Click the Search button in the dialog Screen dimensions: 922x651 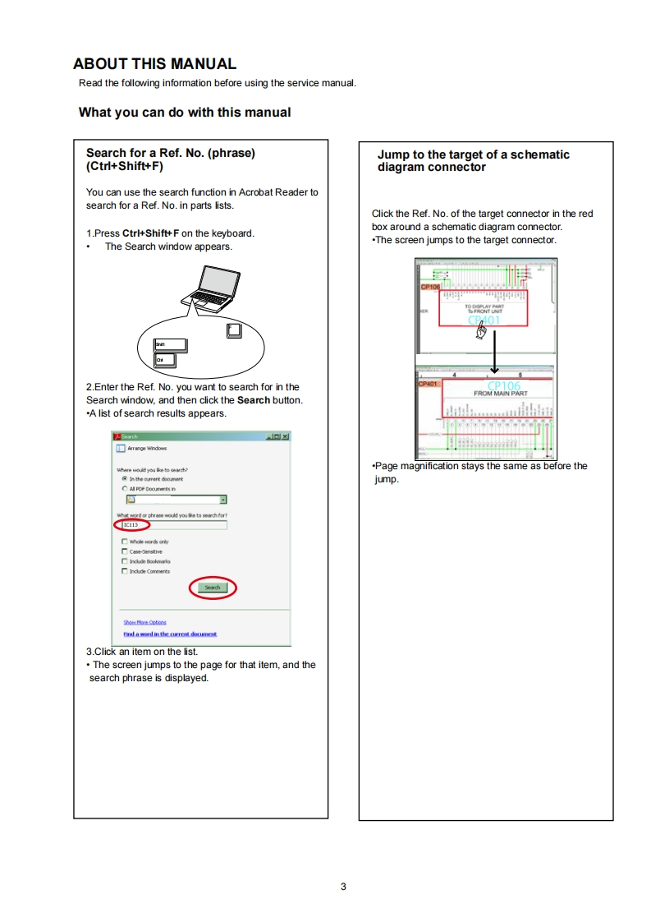click(213, 588)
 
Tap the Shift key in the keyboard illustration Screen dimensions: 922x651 click(172, 345)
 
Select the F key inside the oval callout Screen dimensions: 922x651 click(233, 330)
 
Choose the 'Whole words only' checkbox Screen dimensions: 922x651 click(125, 542)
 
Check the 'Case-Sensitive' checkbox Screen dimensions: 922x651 click(125, 551)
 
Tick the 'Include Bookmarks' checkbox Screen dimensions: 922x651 click(125, 561)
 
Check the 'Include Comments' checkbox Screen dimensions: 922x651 click(125, 571)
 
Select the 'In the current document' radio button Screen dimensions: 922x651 click(125, 478)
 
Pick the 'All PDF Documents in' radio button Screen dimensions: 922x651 click(125, 488)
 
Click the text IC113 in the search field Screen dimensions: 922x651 click(131, 524)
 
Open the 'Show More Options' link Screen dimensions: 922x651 click(144, 622)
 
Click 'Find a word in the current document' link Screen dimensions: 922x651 click(170, 634)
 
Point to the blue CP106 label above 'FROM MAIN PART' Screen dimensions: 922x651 click(503, 385)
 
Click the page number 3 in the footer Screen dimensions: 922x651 click(343, 886)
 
